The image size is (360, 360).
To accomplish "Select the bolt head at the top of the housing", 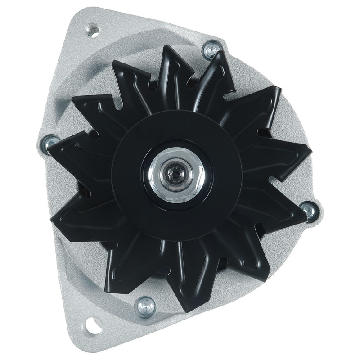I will point(210,50).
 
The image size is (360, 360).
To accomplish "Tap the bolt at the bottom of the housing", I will point(146,306).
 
